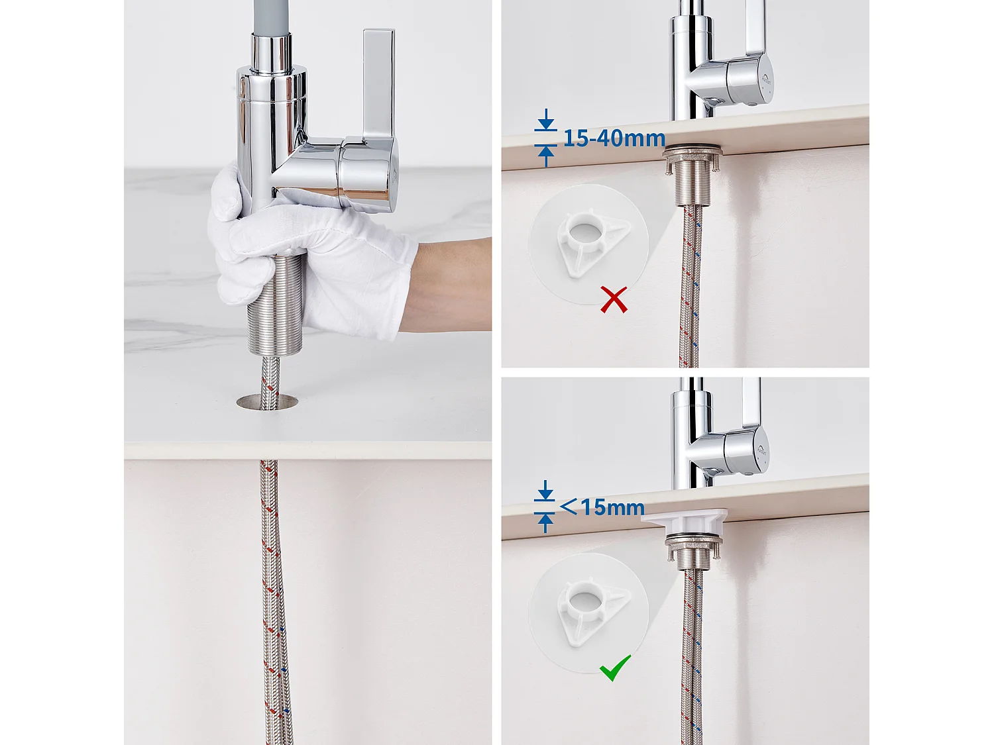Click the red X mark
pos(614,299)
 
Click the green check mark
pos(615,668)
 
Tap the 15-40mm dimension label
pos(614,138)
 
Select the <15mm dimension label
pos(602,507)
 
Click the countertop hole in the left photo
pos(268,402)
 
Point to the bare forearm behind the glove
pos(449,285)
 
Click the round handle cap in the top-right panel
pos(750,80)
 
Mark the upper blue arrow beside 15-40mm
pos(546,119)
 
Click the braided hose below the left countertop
pos(274,601)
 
